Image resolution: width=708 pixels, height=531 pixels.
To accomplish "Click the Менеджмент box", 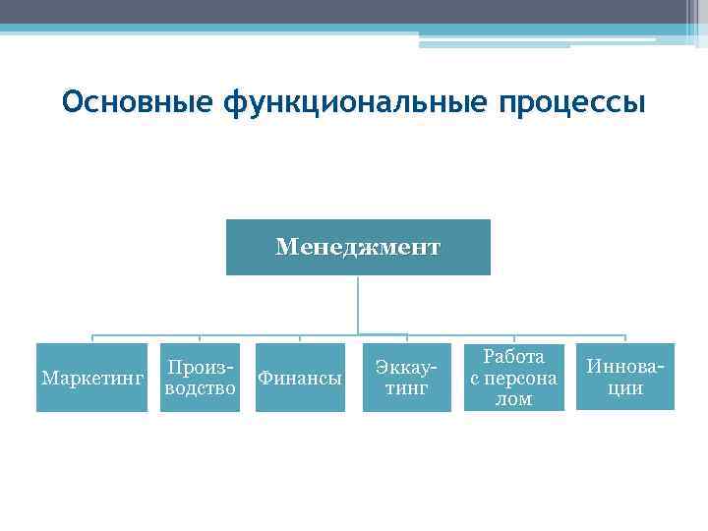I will (x=358, y=247).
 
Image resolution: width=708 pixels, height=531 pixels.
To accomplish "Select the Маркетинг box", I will (x=91, y=378).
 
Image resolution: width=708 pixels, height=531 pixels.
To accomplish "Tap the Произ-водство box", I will (x=200, y=378).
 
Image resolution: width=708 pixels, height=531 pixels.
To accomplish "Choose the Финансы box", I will (x=300, y=378).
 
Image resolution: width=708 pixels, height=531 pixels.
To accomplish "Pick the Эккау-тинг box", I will (x=406, y=378).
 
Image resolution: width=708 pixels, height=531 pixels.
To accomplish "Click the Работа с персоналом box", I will (x=513, y=378).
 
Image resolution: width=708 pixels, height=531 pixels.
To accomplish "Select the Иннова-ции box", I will (x=624, y=378).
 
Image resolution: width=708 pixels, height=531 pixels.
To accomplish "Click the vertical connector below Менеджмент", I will (x=358, y=305).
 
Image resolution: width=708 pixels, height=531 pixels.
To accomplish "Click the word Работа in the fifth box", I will (x=513, y=357).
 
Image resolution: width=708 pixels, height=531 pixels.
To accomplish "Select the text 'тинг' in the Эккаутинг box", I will (x=406, y=388).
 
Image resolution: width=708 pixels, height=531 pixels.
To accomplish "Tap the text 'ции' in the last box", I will (x=624, y=388).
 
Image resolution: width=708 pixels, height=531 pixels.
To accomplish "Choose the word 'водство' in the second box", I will (x=200, y=388).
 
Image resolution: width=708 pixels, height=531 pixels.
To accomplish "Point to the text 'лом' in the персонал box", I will (x=513, y=399).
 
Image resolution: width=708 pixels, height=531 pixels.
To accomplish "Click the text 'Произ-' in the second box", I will (x=200, y=367).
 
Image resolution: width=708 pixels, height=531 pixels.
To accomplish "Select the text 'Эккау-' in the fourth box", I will (x=406, y=368).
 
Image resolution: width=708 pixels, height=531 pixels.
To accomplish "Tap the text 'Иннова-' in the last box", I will (x=624, y=368).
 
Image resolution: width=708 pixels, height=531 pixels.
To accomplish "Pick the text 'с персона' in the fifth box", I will (x=513, y=378).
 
